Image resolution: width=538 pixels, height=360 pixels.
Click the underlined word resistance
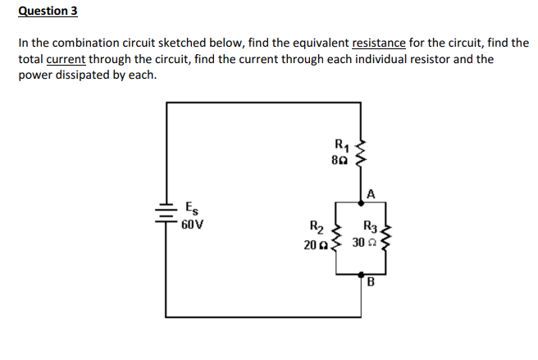pyautogui.click(x=379, y=43)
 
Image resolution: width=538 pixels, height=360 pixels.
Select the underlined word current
pyautogui.click(x=66, y=59)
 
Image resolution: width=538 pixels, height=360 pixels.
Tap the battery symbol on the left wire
pyautogui.click(x=167, y=212)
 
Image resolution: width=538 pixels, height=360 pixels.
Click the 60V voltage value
pyautogui.click(x=194, y=222)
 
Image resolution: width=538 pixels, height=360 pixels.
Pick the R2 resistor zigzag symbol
pyautogui.click(x=332, y=238)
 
